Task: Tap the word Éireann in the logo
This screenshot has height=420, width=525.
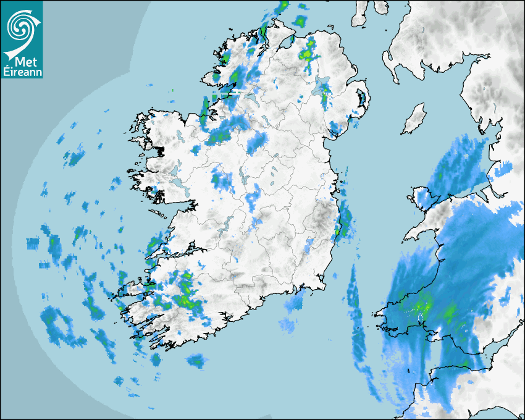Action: pyautogui.click(x=22, y=72)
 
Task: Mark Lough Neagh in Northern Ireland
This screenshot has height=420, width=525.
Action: pyautogui.click(x=322, y=86)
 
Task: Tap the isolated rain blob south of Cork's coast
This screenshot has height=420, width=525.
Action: pyautogui.click(x=196, y=360)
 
